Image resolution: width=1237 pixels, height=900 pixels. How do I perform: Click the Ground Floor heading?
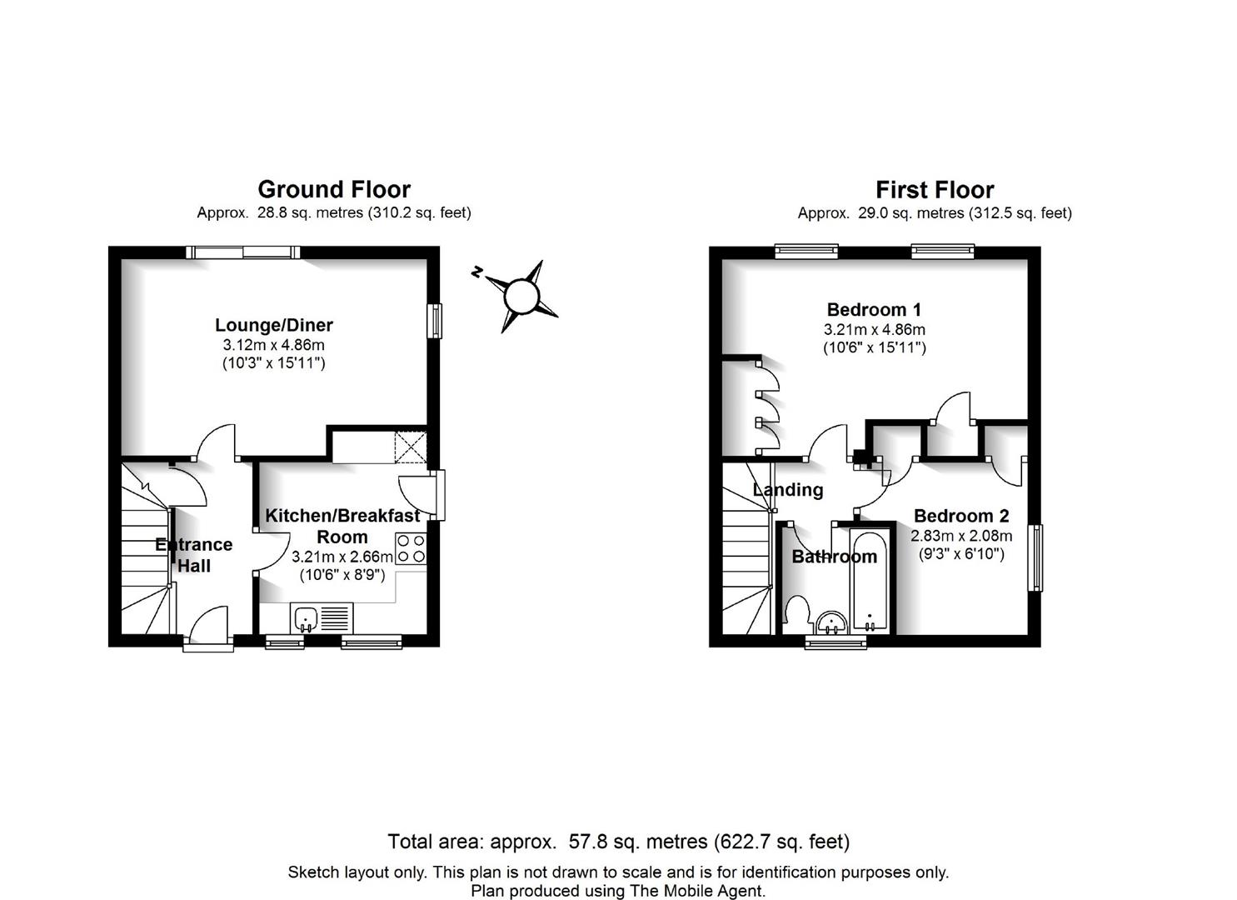334,189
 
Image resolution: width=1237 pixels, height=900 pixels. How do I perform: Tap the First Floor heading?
935,190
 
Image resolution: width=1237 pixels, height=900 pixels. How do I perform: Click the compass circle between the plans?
521,296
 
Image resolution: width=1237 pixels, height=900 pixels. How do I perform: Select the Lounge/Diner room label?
274,325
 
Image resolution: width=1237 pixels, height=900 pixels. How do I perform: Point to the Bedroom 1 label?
874,309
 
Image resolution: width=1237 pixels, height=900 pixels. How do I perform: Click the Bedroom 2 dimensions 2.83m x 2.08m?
961,535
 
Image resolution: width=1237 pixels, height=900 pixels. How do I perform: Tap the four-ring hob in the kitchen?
411,548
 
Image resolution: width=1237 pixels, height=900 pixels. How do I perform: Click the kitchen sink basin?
305,618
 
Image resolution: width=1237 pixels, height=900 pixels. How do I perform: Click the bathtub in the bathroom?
870,581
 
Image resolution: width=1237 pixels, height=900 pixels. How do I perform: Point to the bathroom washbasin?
831,622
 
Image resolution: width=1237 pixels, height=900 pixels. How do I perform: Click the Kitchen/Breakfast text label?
342,516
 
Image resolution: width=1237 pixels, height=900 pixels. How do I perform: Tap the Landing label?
788,489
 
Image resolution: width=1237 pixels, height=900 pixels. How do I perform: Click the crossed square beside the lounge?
411,447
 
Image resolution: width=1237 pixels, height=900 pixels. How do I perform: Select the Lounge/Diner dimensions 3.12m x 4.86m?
273,345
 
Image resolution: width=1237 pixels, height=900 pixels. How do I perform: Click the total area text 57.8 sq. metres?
638,842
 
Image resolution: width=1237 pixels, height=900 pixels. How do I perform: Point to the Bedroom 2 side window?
1038,558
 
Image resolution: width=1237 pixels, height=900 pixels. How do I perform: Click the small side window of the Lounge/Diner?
436,321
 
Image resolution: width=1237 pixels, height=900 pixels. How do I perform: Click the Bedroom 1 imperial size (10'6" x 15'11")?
874,347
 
